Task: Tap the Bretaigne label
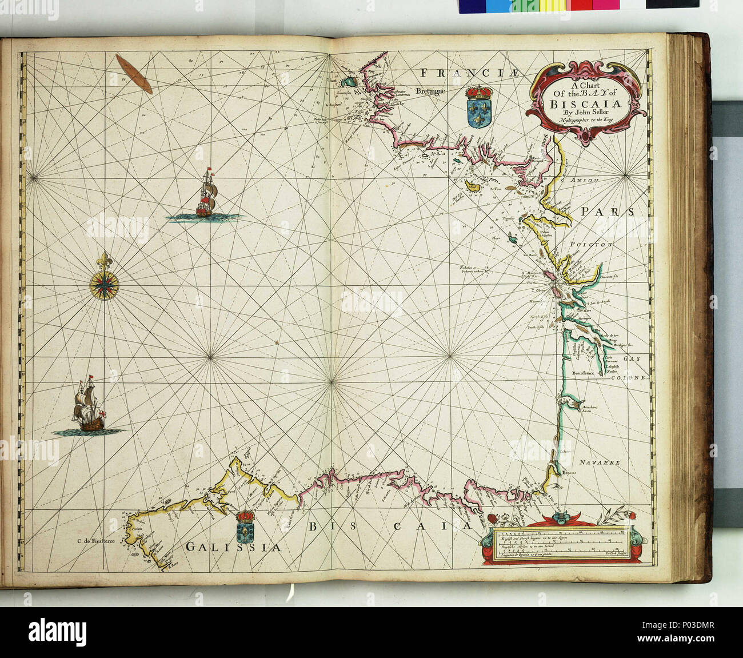tap(434, 90)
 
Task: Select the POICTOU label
tap(590, 244)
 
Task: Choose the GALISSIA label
tap(234, 547)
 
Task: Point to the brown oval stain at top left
tap(134, 74)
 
